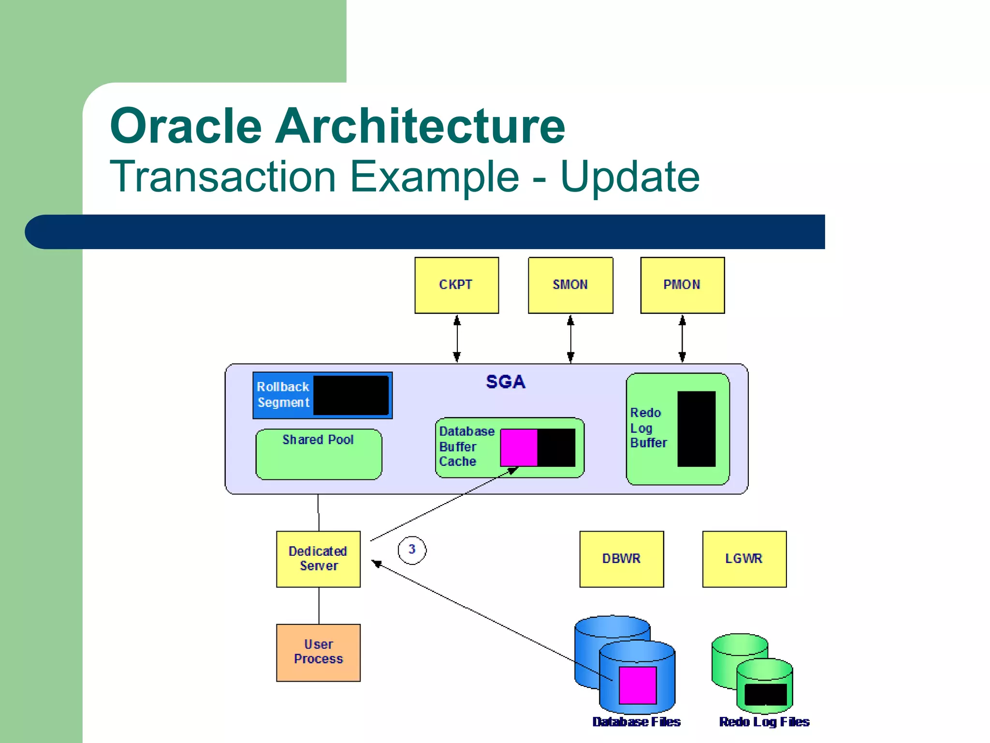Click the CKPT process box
tap(456, 285)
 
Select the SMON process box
tap(570, 285)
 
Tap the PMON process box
tap(682, 285)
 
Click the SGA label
tap(506, 382)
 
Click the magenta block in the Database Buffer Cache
tap(519, 447)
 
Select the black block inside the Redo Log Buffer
tap(696, 429)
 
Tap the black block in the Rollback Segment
tap(351, 395)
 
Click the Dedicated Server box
tap(318, 559)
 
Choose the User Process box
tap(318, 652)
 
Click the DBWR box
tap(621, 559)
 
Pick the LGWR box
tap(744, 559)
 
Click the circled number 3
tap(412, 550)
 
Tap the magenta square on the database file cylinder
tap(638, 685)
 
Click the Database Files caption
tap(636, 722)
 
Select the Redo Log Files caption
tap(764, 722)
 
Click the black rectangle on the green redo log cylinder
tap(766, 695)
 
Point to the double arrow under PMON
tap(682, 339)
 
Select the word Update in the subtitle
tap(630, 177)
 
